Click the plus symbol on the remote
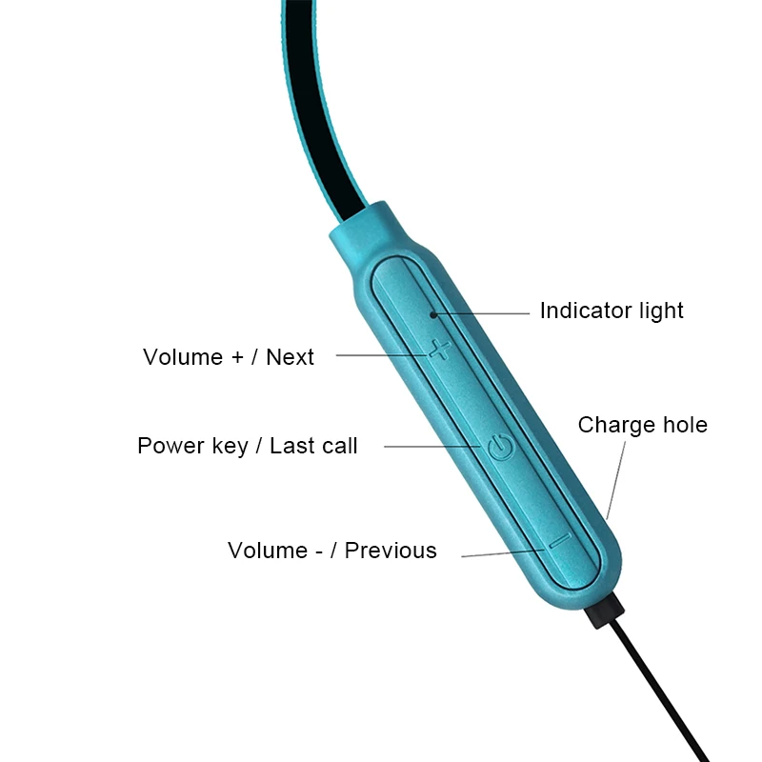pyautogui.click(x=439, y=350)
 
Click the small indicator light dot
pyautogui.click(x=433, y=311)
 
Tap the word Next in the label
pyautogui.click(x=290, y=357)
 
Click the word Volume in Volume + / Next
pyautogui.click(x=183, y=357)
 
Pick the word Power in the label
pyautogui.click(x=167, y=446)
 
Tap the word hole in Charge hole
pyautogui.click(x=682, y=425)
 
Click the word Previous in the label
pyautogui.click(x=391, y=551)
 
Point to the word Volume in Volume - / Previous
pyautogui.click(x=268, y=551)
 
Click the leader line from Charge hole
pyautogui.click(x=618, y=482)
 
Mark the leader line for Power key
pyautogui.click(x=429, y=446)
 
